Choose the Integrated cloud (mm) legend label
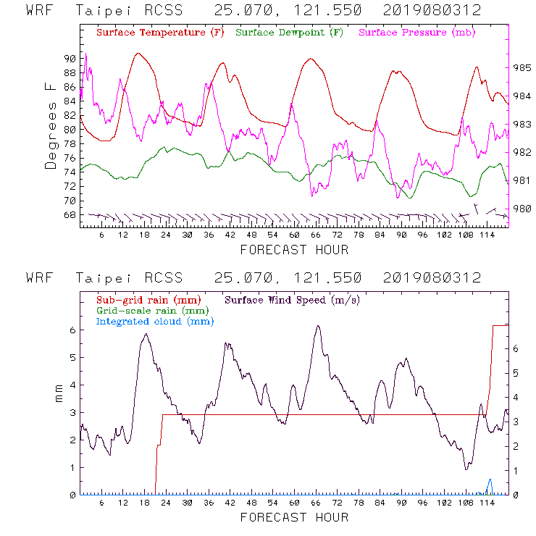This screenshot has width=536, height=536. click(149, 322)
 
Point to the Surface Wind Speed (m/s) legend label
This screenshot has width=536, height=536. click(292, 300)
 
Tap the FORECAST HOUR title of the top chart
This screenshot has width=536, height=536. click(294, 250)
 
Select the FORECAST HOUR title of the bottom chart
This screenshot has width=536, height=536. click(294, 517)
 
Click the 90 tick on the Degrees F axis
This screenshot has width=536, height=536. click(70, 59)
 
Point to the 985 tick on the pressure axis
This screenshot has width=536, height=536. click(523, 67)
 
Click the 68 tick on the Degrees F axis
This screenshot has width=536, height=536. click(70, 215)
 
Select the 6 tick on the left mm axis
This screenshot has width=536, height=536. click(72, 330)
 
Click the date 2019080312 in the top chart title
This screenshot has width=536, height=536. click(432, 11)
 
